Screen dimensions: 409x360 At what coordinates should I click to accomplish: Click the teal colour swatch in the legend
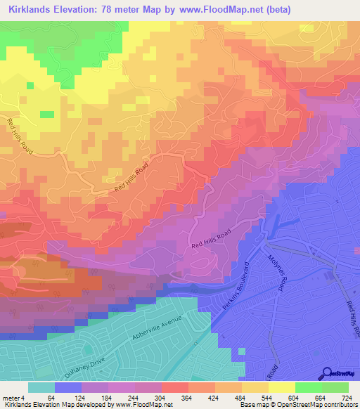coord(41,387)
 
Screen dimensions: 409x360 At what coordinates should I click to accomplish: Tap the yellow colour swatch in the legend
coord(281,387)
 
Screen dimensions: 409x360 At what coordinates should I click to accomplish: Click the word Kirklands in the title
coord(27,9)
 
